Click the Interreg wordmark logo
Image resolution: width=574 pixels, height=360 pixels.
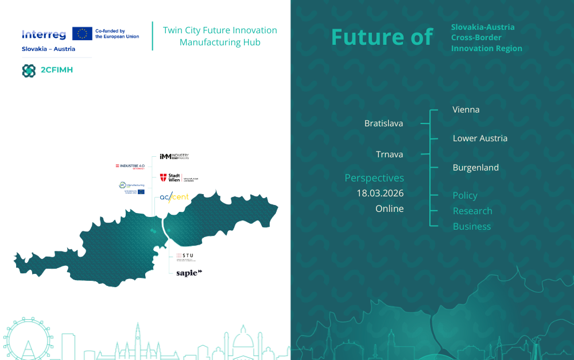coord(44,34)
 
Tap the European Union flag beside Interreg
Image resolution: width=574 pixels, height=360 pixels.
coord(82,34)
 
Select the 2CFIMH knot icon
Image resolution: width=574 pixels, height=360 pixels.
coord(29,70)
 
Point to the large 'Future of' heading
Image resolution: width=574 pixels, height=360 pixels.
coord(382,37)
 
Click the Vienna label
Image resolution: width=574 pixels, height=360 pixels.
coord(466,109)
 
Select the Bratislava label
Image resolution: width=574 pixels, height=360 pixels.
coord(383,123)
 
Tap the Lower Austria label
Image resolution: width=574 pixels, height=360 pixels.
coord(480,138)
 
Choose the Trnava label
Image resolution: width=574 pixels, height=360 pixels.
coord(389,154)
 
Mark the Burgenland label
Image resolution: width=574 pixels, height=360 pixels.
coord(475,168)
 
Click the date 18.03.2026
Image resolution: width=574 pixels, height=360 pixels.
coord(380,193)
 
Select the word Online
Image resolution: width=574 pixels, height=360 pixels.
coord(389,208)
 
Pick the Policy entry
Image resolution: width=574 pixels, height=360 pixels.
coord(465,195)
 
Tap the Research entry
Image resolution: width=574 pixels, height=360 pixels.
coord(472,211)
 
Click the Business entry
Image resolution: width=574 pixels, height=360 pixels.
coord(471,226)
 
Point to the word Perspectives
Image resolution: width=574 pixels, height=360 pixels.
coord(374,178)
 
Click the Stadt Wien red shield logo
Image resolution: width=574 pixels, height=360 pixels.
coord(163,178)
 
